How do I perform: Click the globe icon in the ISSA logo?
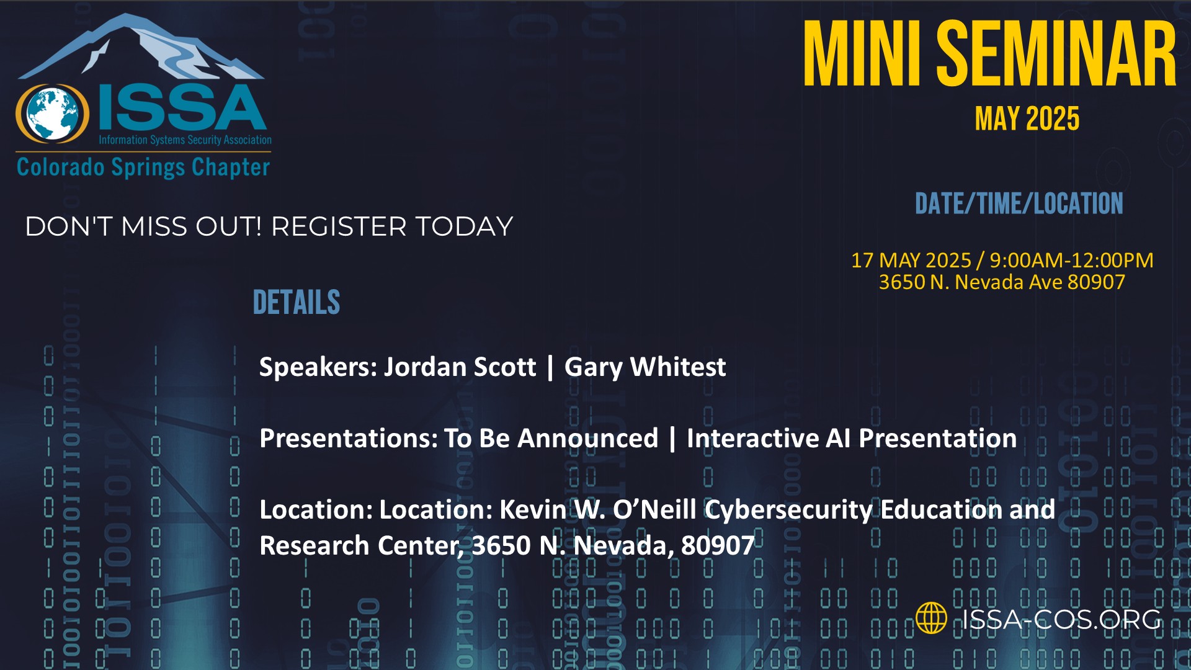[53, 114]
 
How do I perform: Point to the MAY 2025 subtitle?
[1027, 118]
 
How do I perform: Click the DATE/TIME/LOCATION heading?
[1019, 203]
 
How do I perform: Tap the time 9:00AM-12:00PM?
[1071, 260]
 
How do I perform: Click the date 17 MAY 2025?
[911, 260]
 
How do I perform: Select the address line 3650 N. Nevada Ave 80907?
[1002, 282]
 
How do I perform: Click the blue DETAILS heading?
[297, 302]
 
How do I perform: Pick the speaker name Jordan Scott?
[460, 367]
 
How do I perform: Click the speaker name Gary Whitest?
[645, 367]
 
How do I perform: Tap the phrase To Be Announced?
[551, 438]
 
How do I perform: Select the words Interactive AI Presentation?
[852, 438]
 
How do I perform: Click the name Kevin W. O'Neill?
[599, 509]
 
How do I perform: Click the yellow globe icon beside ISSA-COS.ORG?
[931, 618]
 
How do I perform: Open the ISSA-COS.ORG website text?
[1061, 619]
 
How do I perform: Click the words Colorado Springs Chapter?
[143, 167]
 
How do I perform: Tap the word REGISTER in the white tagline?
[339, 226]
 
